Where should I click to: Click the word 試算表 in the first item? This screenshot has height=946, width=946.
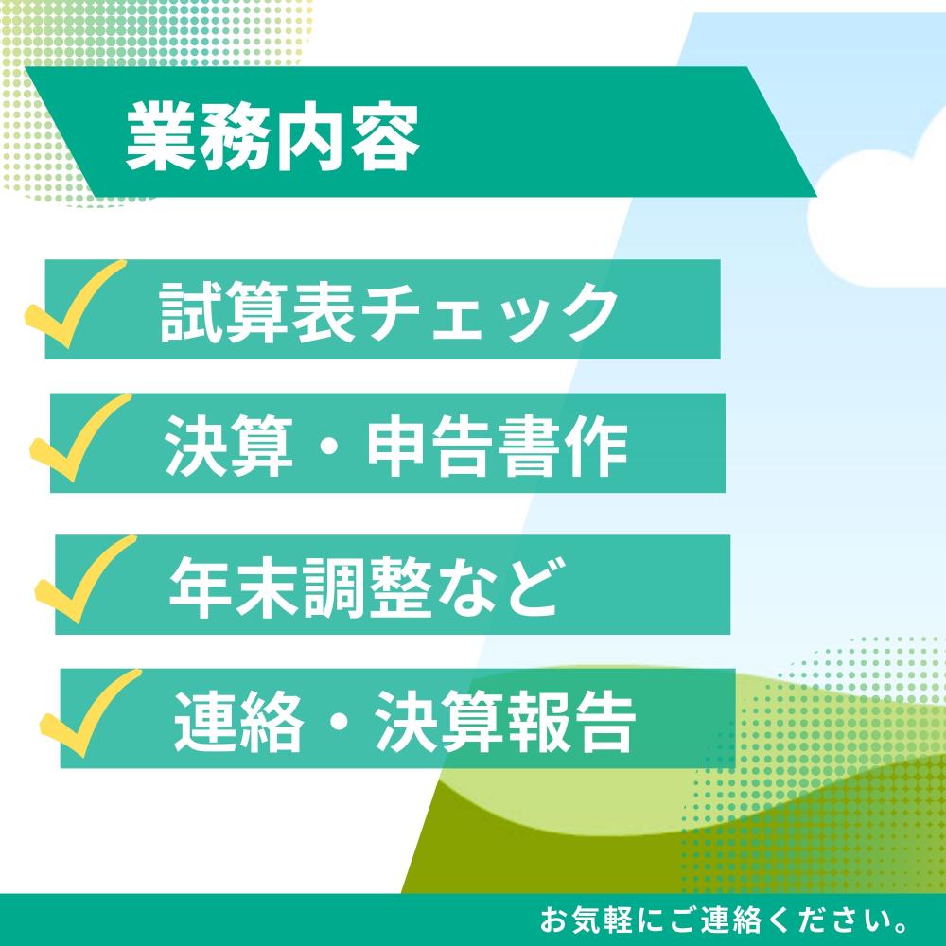point(256,313)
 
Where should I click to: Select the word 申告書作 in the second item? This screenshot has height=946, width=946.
point(498,447)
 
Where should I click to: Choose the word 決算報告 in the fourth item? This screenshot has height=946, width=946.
point(505,722)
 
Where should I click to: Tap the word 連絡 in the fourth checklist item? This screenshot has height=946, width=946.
point(238,722)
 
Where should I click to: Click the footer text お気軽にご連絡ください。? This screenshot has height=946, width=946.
point(724,920)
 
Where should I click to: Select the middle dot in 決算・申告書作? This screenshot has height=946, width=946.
point(330,448)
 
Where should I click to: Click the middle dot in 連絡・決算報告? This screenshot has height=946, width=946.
point(339,723)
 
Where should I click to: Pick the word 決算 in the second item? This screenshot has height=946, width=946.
point(229,447)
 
